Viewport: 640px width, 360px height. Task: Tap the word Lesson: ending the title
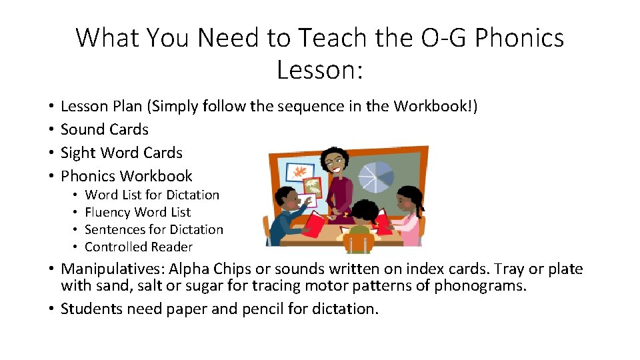pyautogui.click(x=319, y=69)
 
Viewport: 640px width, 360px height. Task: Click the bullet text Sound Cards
pyautogui.click(x=104, y=129)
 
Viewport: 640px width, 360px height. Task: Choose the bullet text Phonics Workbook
pyautogui.click(x=126, y=176)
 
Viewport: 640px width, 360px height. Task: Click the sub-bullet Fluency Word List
pyautogui.click(x=137, y=212)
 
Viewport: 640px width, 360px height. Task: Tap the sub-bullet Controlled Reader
pyautogui.click(x=139, y=247)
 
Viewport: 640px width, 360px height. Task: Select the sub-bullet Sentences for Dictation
pyautogui.click(x=154, y=229)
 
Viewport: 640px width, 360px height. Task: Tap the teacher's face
pyautogui.click(x=331, y=162)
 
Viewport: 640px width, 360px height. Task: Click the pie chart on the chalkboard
pyautogui.click(x=377, y=175)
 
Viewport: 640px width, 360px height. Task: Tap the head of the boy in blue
pyautogui.click(x=287, y=198)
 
